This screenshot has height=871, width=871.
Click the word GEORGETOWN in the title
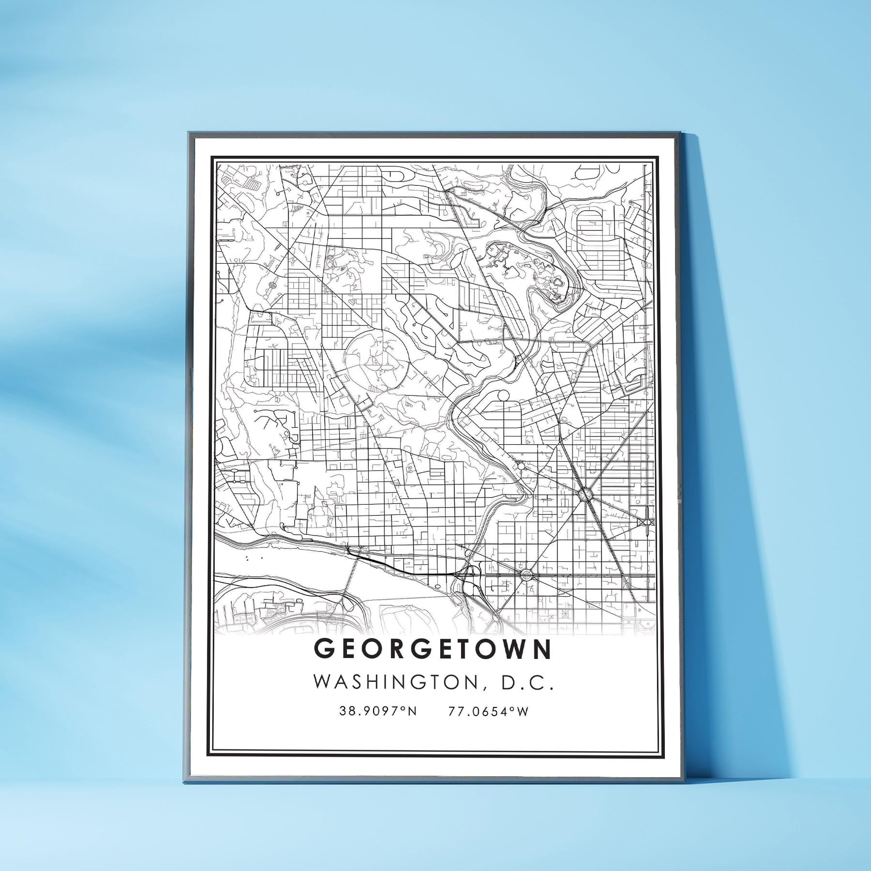(433, 649)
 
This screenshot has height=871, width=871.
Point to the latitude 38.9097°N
(378, 711)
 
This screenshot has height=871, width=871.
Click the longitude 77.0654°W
(488, 711)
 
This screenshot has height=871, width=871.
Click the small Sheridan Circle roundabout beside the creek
(521, 466)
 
